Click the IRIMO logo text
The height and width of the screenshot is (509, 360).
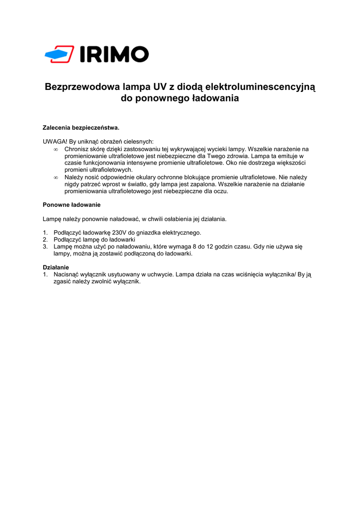tap(114, 54)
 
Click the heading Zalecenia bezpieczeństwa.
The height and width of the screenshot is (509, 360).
tap(81, 128)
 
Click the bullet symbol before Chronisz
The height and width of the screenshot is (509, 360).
tap(56, 149)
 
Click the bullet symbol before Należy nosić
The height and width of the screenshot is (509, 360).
tap(56, 177)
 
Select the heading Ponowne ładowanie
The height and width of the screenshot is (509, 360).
tap(72, 205)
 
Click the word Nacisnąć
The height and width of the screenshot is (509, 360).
tap(66, 274)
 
